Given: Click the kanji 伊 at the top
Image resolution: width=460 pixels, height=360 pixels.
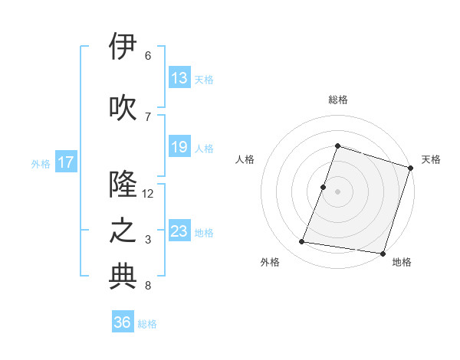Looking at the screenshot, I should tap(123, 47).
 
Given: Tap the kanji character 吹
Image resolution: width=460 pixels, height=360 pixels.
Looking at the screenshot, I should tap(123, 107).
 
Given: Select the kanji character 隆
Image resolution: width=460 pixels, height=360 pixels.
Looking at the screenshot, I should tap(123, 185).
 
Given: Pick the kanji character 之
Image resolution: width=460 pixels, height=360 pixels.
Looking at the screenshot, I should tap(123, 231).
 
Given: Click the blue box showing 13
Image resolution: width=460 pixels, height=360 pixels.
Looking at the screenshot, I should tap(179, 78).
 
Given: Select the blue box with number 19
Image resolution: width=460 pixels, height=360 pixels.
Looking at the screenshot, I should tap(179, 147).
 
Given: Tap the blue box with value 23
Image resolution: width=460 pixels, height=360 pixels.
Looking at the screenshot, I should tap(179, 231).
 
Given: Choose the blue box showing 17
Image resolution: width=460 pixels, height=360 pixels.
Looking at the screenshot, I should tap(66, 162).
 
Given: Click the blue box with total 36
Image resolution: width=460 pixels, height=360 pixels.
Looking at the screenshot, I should tap(123, 322).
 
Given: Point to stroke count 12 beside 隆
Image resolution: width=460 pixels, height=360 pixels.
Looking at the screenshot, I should tap(148, 194).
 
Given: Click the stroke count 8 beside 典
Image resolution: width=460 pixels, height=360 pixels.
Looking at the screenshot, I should tap(147, 286).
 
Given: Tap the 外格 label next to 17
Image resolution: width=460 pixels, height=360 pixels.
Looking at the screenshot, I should tap(41, 163).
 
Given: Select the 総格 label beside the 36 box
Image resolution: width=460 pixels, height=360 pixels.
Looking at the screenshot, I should tap(148, 324).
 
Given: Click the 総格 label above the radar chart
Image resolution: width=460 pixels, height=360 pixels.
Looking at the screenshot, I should tap(337, 100).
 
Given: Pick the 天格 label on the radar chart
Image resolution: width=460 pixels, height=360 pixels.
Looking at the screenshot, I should tap(431, 159).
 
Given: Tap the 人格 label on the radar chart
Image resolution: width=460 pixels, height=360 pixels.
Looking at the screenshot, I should tap(245, 159).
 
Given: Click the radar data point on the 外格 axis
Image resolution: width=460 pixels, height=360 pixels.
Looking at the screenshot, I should tap(301, 242).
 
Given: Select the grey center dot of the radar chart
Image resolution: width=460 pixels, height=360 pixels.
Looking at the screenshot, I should tap(337, 191).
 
